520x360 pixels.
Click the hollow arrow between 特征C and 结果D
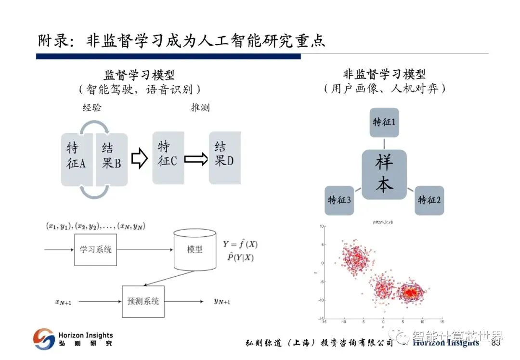click(x=195, y=158)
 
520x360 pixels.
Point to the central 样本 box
click(x=384, y=174)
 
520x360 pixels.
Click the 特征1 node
click(x=384, y=122)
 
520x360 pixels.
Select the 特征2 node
click(x=429, y=200)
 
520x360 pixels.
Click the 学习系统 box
click(x=95, y=249)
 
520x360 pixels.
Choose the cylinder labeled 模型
click(x=195, y=249)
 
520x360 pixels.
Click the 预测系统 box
click(x=143, y=301)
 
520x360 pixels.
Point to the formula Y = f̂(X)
click(x=240, y=244)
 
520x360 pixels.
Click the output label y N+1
click(x=222, y=302)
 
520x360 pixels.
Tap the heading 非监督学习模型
click(x=384, y=74)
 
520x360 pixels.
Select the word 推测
click(x=200, y=108)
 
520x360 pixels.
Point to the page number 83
click(x=495, y=343)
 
